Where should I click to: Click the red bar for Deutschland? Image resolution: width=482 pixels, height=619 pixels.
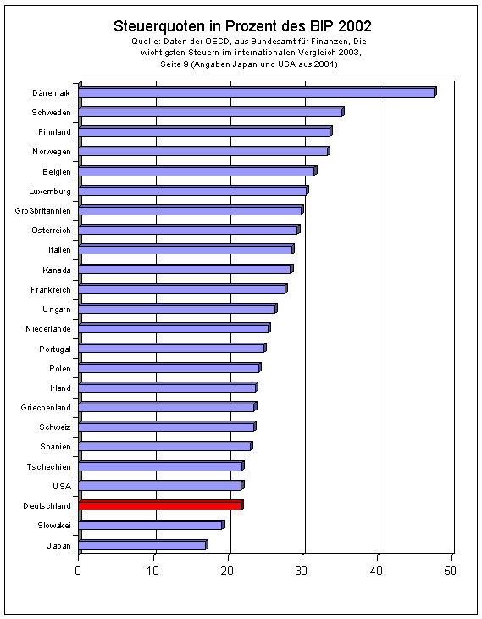point(161,505)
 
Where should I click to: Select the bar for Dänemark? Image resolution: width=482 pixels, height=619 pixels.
point(258,92)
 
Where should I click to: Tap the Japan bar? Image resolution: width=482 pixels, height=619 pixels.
point(143,544)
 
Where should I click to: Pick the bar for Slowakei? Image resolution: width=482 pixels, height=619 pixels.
point(152,525)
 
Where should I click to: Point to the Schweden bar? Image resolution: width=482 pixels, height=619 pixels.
point(212,112)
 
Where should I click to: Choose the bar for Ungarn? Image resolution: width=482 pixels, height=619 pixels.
point(178,309)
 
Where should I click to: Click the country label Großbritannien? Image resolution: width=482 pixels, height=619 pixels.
point(43,211)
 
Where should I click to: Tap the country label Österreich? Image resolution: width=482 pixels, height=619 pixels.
point(52,230)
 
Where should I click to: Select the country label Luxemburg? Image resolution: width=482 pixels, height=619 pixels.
point(50,192)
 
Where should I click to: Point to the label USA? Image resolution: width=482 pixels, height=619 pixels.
point(62,487)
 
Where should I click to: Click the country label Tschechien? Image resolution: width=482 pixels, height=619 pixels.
point(49,467)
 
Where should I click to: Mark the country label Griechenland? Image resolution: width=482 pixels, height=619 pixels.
point(46,408)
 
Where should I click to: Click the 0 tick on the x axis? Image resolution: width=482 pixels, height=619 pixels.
point(78,571)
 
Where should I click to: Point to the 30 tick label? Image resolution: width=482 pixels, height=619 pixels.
point(302,571)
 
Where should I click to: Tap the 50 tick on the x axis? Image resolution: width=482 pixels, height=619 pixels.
point(451,571)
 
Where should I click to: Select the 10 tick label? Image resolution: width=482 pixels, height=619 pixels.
point(152,571)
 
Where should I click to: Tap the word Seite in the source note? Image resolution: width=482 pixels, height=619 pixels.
point(170,64)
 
